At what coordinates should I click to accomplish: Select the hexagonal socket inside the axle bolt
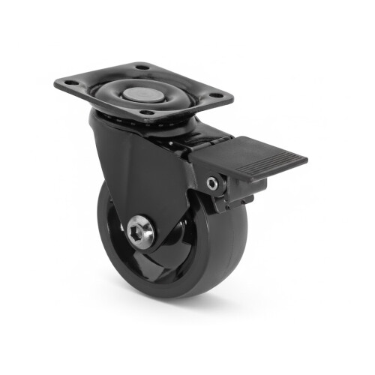[140, 231]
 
